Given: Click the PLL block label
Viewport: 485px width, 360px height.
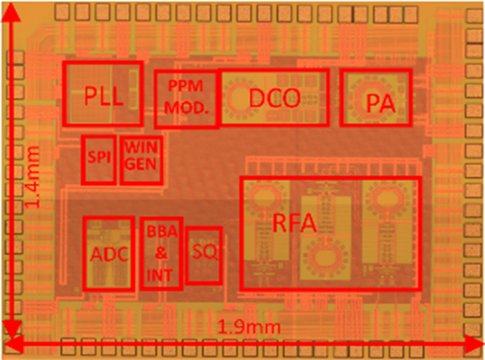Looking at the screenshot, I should tap(102, 97).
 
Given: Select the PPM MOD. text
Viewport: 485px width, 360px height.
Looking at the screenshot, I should tap(187, 97).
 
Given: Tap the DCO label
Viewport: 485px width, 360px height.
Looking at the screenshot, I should tap(274, 98).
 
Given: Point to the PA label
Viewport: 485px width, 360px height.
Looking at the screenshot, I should tap(380, 104).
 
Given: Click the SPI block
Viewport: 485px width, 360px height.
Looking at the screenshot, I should tap(98, 159).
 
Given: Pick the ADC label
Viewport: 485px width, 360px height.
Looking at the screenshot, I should tap(109, 255).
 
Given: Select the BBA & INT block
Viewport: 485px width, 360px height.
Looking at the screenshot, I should tap(161, 253).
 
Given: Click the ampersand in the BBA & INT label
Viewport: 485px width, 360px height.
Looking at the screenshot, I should tap(161, 253).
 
